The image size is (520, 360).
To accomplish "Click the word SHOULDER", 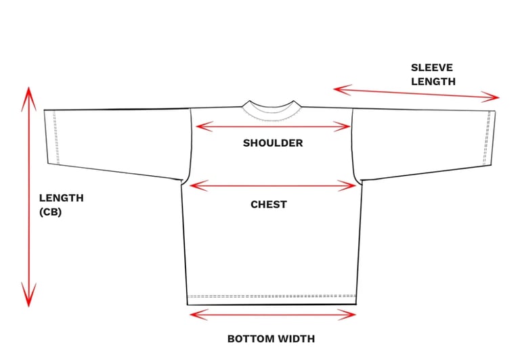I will (273, 143).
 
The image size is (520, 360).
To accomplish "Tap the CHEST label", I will (269, 204).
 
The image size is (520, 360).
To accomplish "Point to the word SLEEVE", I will (431, 68).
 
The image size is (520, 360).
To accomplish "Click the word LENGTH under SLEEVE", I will (433, 81).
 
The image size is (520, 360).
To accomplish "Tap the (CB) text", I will (51, 211).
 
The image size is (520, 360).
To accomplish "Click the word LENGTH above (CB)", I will (61, 198).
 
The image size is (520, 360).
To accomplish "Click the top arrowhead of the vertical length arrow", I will (28, 95).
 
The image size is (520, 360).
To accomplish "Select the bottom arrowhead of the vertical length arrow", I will (28, 298).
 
